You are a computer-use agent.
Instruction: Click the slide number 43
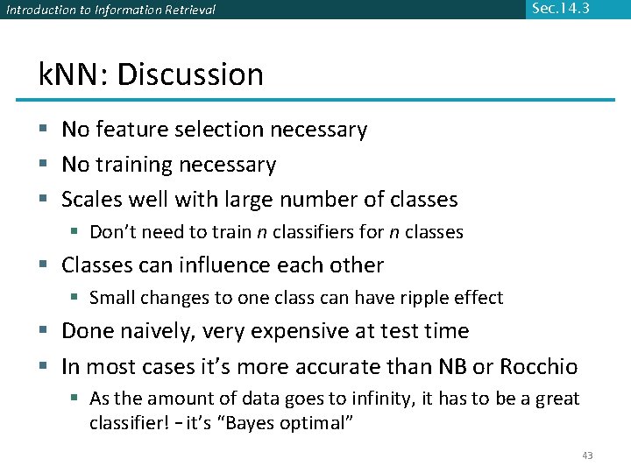pyautogui.click(x=587, y=455)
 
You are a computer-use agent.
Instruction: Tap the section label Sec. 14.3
pyautogui.click(x=560, y=9)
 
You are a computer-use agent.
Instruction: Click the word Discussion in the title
pyautogui.click(x=190, y=74)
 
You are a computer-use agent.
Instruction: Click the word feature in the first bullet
pyautogui.click(x=128, y=130)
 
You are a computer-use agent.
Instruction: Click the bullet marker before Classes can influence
pyautogui.click(x=44, y=265)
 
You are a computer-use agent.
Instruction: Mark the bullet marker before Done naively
pyautogui.click(x=44, y=331)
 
